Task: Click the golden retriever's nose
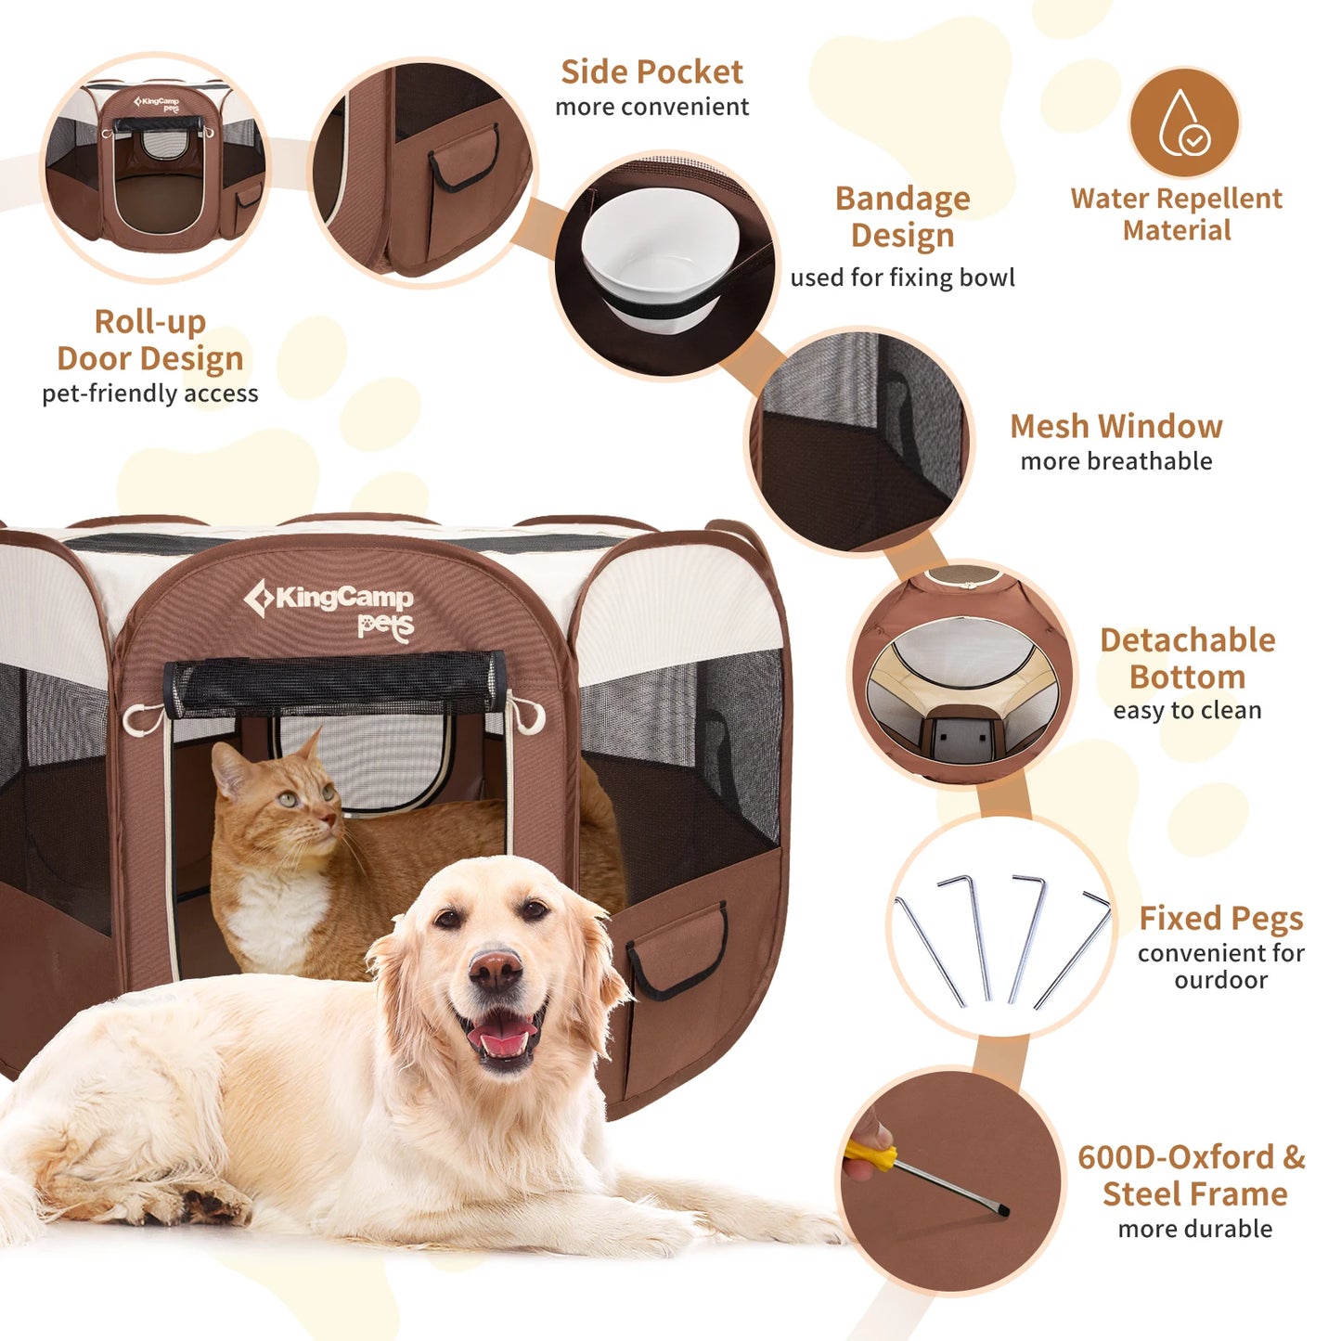(496, 971)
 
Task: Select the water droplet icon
(1183, 122)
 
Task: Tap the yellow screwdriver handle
(870, 1156)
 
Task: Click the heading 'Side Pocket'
(651, 71)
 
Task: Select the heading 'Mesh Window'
(1115, 426)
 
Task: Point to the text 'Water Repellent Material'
(1176, 214)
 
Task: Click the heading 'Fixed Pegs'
(1220, 918)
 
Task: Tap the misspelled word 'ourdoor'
(1220, 980)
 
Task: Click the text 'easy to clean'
(1187, 710)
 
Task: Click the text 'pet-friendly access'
(150, 393)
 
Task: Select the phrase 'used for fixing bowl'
(902, 277)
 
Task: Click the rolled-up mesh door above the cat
(334, 684)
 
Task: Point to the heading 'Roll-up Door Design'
(150, 340)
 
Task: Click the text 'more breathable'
(1115, 461)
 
